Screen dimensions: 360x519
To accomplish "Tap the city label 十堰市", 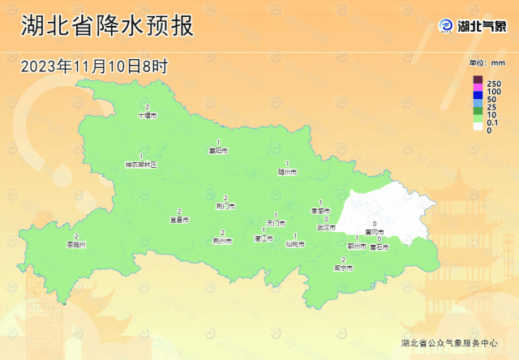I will click(147, 116).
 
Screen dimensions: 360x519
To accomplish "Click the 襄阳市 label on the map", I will click(218, 151).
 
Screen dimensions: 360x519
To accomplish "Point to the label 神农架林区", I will click(140, 164).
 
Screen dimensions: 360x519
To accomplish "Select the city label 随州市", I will click(287, 171).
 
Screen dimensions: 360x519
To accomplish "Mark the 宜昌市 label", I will click(179, 219).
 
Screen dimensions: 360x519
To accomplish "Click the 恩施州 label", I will click(76, 244).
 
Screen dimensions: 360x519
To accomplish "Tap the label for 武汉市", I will click(325, 228).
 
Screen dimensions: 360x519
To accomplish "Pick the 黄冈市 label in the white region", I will click(375, 232).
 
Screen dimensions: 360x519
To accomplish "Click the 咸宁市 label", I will click(343, 268).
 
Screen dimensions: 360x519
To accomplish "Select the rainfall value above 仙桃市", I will click(294, 236).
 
